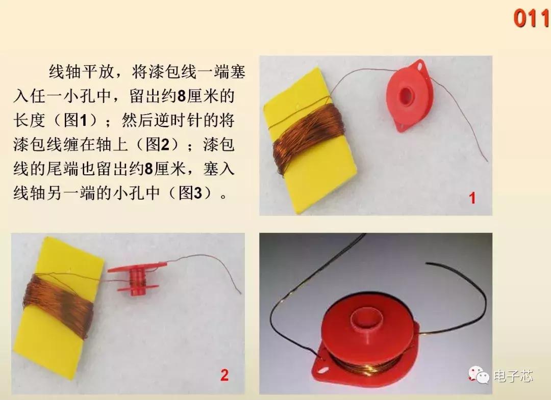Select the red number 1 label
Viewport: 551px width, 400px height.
tap(472, 198)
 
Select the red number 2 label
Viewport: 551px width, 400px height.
tap(224, 376)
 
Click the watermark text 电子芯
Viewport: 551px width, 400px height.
tap(512, 376)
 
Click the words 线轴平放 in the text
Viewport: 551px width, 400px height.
tap(79, 72)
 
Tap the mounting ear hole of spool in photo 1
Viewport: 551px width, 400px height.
tap(421, 65)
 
